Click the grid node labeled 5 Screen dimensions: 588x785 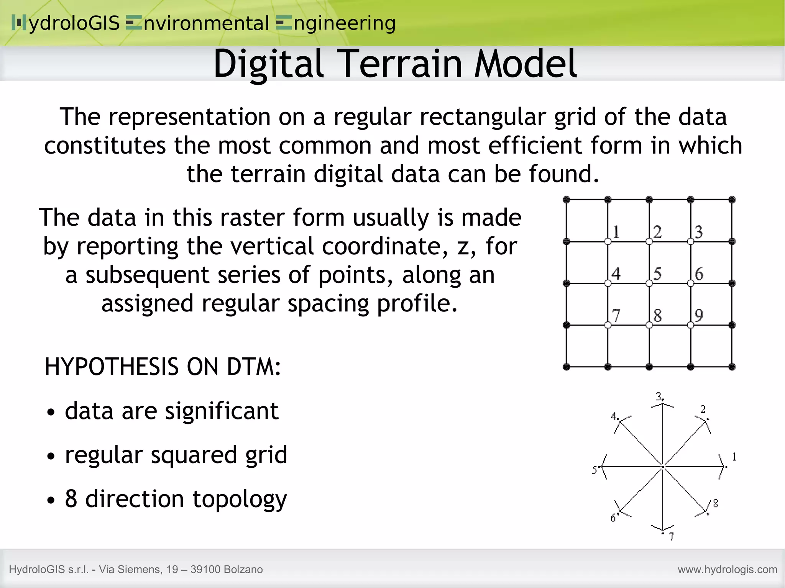pyautogui.click(x=649, y=283)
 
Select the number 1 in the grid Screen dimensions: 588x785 pyautogui.click(x=616, y=232)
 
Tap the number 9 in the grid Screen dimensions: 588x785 pyautogui.click(x=699, y=315)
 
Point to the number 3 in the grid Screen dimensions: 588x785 pyautogui.click(x=699, y=232)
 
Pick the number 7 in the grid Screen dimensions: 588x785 pyautogui.click(x=616, y=316)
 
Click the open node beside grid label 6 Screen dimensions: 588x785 pyautogui.click(x=690, y=283)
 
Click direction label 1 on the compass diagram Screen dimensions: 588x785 pyautogui.click(x=734, y=457)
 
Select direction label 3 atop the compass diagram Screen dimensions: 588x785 pyautogui.click(x=659, y=396)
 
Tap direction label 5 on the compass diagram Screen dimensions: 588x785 pyautogui.click(x=594, y=470)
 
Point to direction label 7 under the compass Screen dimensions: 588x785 pyautogui.click(x=671, y=537)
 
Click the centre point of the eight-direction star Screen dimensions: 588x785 pyautogui.click(x=663, y=467)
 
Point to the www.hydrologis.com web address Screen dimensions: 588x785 pyautogui.click(x=727, y=570)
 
